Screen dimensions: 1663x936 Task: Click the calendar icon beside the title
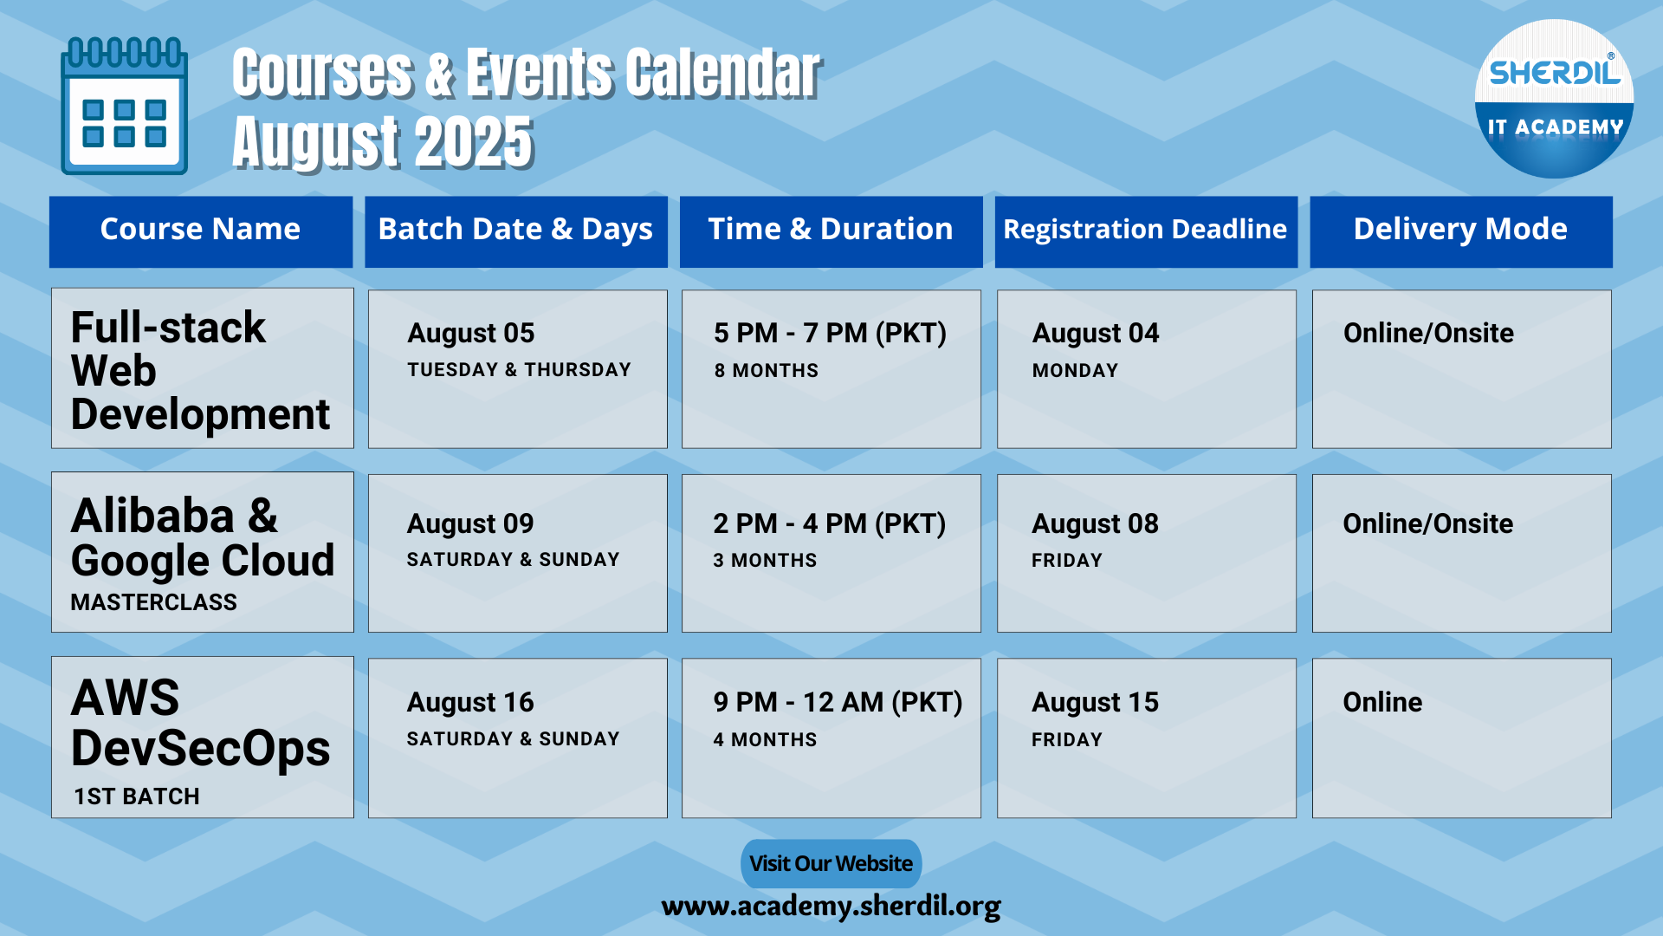pos(124,106)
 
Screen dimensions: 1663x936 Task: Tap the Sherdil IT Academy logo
pos(1554,99)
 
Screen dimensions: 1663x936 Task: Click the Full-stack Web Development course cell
pos(203,368)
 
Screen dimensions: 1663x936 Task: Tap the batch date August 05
pos(471,334)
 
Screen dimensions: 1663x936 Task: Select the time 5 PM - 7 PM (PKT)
pos(830,334)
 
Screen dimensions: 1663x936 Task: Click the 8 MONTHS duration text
pos(766,371)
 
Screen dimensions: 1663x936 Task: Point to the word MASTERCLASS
pos(153,602)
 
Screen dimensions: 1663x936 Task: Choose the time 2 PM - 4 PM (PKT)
pos(829,523)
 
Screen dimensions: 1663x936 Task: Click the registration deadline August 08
pos(1095,524)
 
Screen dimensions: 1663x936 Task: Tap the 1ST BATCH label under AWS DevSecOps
pos(137,796)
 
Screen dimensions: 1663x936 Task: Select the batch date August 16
pos(470,703)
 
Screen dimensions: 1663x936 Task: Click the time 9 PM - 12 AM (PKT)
pos(838,703)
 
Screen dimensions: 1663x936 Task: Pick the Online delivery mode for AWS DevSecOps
pos(1382,702)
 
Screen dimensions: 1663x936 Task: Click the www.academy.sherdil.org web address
pos(831,907)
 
